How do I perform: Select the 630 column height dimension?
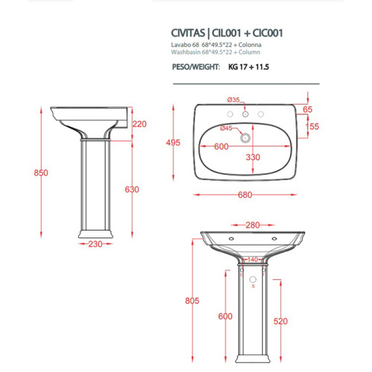tap(132, 189)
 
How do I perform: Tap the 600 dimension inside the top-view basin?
tap(221, 147)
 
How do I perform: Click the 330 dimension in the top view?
tap(253, 157)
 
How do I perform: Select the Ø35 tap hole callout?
tap(233, 100)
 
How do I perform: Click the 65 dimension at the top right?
tap(308, 109)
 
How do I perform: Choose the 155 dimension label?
tap(312, 126)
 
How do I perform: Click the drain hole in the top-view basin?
tap(245, 137)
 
